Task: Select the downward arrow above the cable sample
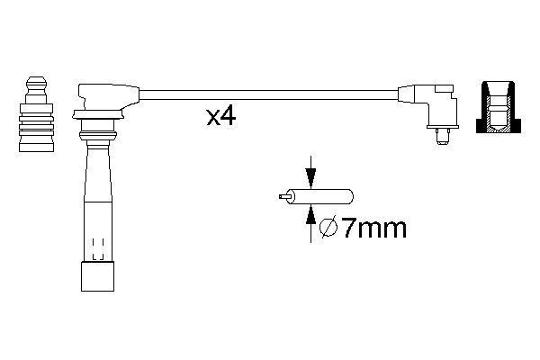(x=311, y=172)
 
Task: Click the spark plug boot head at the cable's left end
(x=106, y=95)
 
